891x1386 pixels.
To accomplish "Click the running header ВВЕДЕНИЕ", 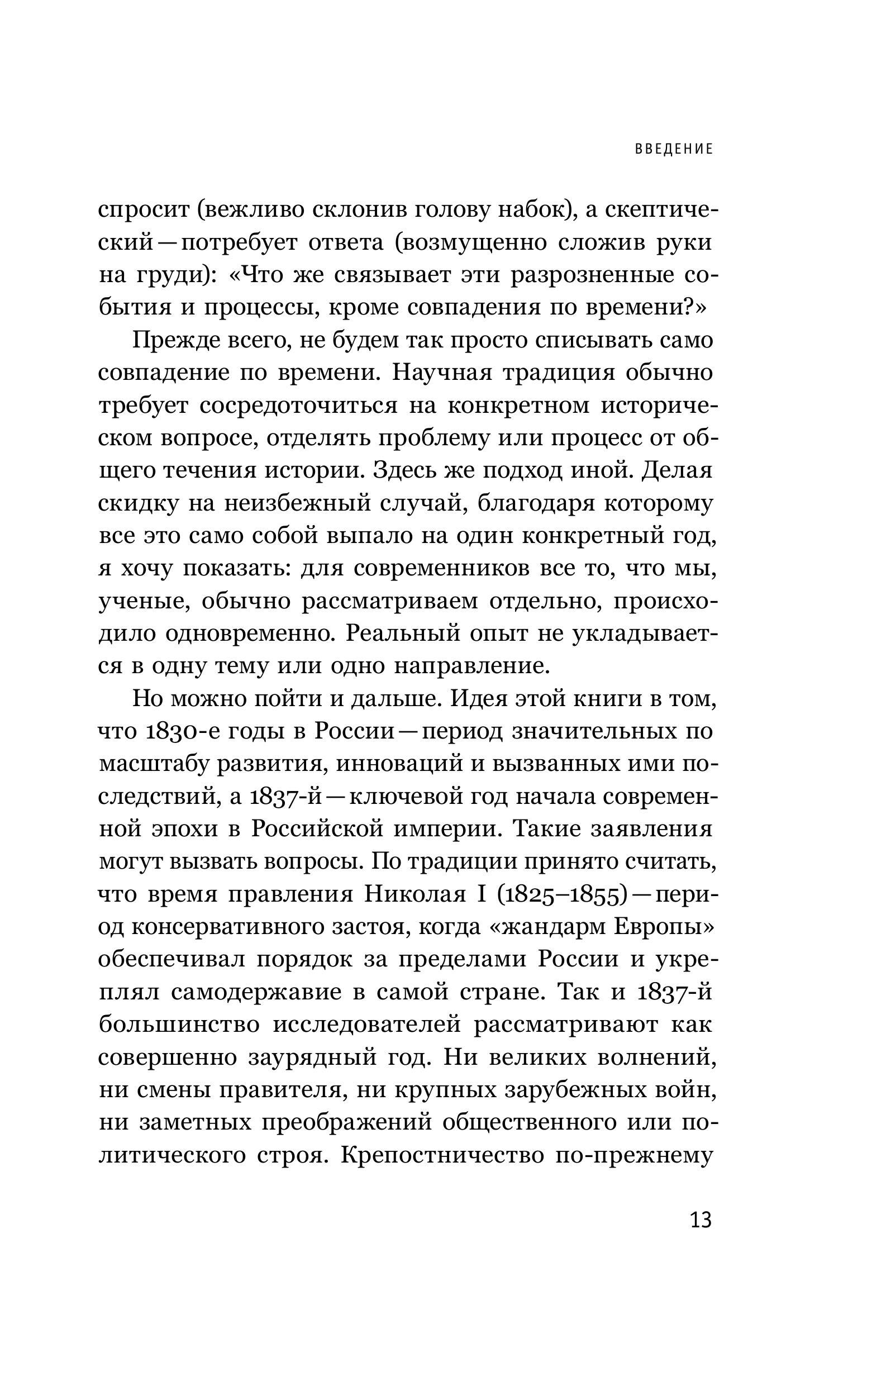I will (674, 149).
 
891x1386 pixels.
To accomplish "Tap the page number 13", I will (700, 1220).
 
